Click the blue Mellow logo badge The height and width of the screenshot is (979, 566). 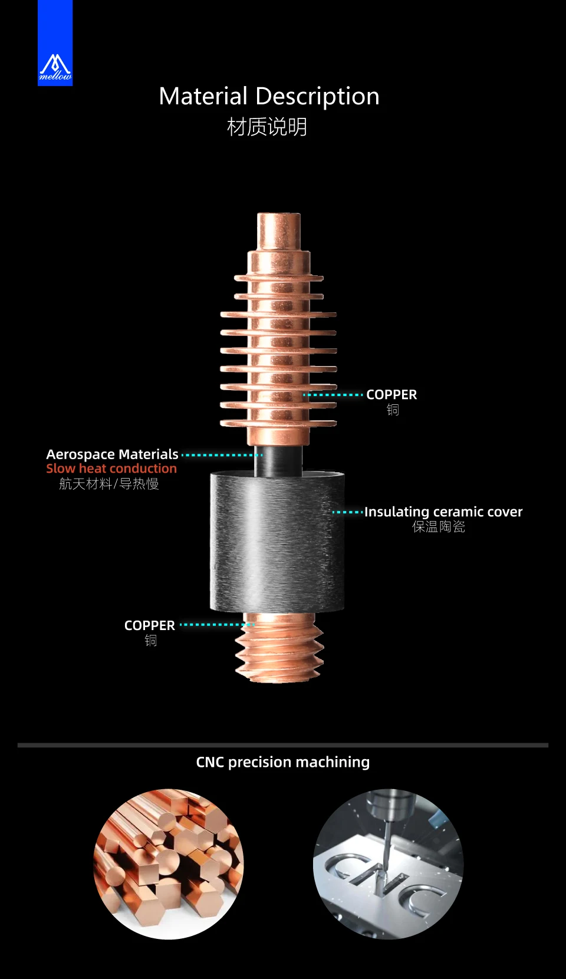click(x=55, y=43)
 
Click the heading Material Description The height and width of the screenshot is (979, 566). click(x=269, y=97)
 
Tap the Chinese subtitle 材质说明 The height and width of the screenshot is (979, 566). click(x=267, y=127)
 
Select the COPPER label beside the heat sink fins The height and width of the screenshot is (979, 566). click(x=391, y=395)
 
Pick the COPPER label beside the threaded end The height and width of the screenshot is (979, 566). click(x=150, y=626)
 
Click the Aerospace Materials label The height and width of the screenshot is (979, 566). click(x=112, y=454)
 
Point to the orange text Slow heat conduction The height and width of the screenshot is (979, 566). click(x=111, y=469)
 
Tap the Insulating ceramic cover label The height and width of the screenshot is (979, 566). click(x=443, y=512)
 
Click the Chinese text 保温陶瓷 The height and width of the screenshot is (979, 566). click(x=439, y=527)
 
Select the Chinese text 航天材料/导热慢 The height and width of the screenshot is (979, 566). click(x=109, y=484)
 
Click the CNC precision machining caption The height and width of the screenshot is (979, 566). click(x=283, y=762)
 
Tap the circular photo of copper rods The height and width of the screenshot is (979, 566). click(x=169, y=864)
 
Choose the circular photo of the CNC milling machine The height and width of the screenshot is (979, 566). click(x=388, y=864)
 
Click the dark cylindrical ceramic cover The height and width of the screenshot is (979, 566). click(x=277, y=542)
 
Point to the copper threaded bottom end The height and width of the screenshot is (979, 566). click(x=279, y=648)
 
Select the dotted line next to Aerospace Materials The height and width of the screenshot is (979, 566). click(x=222, y=455)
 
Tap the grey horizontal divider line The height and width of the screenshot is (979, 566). click(x=283, y=745)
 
